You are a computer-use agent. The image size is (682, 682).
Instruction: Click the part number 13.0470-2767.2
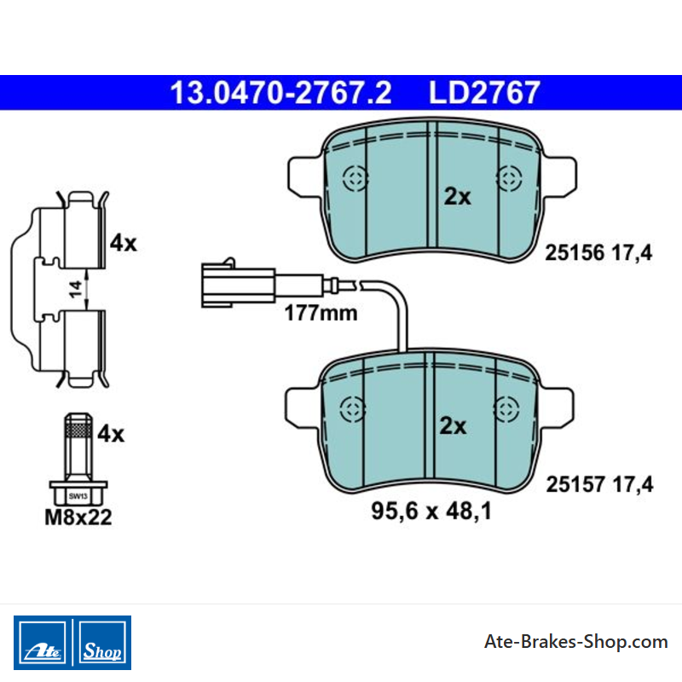(280, 93)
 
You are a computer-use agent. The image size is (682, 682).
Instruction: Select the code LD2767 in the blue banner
(484, 93)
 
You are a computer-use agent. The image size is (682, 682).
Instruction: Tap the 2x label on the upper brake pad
(457, 197)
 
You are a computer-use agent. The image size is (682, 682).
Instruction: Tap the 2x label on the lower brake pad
(453, 425)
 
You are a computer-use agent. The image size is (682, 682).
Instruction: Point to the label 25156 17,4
(598, 253)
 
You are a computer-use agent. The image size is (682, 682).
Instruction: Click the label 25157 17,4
(599, 484)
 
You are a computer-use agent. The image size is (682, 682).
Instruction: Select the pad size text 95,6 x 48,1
(431, 511)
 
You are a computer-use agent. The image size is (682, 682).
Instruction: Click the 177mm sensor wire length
(321, 313)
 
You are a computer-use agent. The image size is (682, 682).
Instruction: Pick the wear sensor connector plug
(238, 283)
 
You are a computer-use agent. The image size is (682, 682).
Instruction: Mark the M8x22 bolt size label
(78, 517)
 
